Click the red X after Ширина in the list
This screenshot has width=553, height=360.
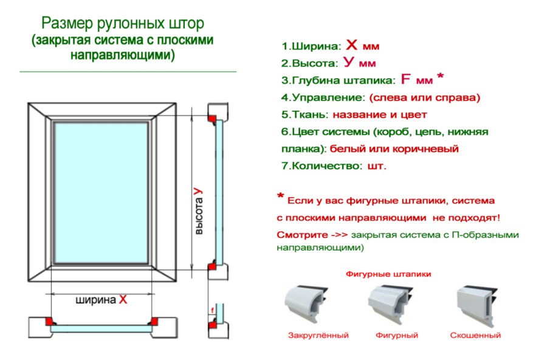click(352, 45)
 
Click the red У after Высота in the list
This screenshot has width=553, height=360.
click(348, 62)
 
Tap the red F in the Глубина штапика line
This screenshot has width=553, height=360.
click(407, 79)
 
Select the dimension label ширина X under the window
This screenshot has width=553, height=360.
click(101, 299)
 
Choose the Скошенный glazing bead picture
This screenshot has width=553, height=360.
click(477, 304)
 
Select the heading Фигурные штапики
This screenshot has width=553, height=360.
click(388, 274)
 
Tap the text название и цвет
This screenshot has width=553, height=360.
click(380, 114)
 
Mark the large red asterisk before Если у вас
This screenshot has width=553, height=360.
click(280, 197)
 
